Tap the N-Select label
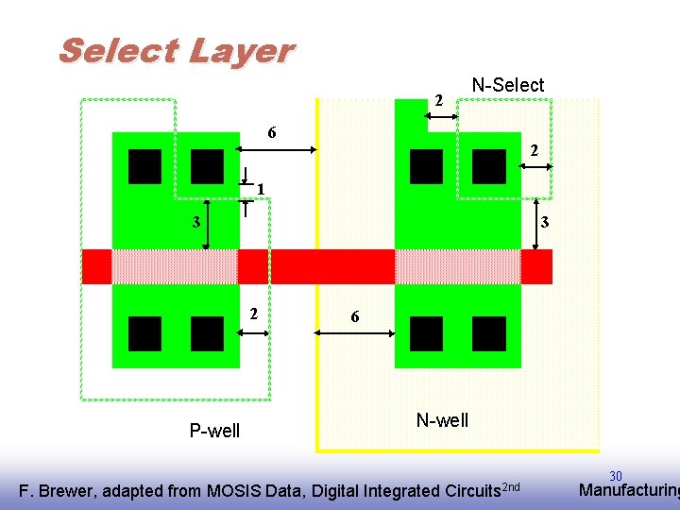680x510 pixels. (507, 85)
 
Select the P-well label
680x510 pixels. (214, 432)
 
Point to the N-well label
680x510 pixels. (442, 420)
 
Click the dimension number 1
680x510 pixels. (260, 189)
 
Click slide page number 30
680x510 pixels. (615, 476)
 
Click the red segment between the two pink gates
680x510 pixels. (315, 266)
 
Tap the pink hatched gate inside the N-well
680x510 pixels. (457, 266)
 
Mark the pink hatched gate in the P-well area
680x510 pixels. (175, 266)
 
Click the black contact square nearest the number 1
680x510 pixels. (207, 166)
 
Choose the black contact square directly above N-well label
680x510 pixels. (427, 333)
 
